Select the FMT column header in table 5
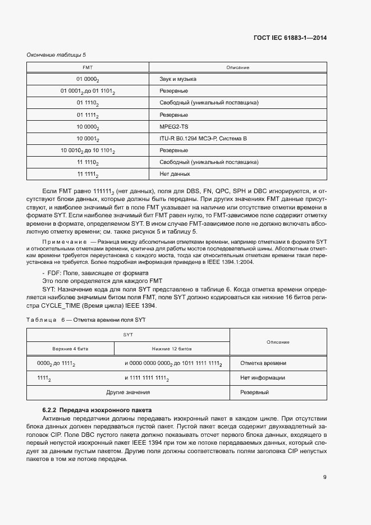tap(88, 67)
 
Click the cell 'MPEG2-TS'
tap(172, 127)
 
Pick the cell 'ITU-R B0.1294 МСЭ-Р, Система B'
tap(203, 139)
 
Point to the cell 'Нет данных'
tap(175, 174)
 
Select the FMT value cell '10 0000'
tap(88, 127)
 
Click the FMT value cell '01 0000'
tap(88, 80)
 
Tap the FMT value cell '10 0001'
tap(88, 139)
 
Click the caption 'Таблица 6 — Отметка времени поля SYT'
tap(86, 319)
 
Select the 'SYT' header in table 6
tap(129, 334)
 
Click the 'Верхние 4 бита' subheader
tap(70, 349)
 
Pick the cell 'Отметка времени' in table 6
tap(263, 363)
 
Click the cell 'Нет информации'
tap(262, 378)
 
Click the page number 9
tap(325, 478)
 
